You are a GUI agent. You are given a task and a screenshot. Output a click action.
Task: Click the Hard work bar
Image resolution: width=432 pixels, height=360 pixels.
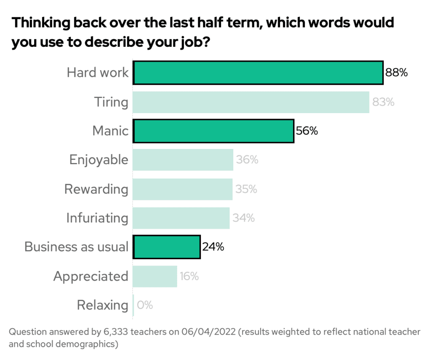pos(258,73)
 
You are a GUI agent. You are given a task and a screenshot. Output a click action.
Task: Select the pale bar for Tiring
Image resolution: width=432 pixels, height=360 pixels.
pos(251,102)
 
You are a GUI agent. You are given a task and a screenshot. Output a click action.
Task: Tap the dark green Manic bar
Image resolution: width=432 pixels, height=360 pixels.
pos(213,131)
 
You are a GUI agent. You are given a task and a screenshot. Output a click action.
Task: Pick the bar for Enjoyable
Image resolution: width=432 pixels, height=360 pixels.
pos(183,160)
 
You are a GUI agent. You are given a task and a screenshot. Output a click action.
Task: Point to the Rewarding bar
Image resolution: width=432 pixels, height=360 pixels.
pos(183,189)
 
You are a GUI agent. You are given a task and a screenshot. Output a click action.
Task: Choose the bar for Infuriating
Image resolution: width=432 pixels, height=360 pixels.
pos(181,218)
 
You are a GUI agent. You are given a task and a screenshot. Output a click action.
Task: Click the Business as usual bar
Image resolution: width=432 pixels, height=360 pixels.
pos(167,247)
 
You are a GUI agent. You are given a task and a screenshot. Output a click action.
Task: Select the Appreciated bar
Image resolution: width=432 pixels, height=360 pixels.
pos(155,276)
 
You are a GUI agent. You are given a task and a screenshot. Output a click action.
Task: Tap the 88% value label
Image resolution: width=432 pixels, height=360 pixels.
pos(396,73)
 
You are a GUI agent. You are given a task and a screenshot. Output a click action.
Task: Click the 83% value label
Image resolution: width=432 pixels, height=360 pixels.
pos(383,102)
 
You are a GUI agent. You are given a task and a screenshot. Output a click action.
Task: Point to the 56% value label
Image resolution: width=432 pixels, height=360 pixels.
pos(307,131)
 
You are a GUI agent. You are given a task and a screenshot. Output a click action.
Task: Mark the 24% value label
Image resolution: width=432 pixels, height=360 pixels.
pos(213,247)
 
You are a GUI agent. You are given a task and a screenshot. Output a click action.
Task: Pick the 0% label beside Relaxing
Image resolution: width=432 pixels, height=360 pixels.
pos(145,305)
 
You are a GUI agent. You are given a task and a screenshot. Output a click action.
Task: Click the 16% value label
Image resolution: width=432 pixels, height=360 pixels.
pos(189,276)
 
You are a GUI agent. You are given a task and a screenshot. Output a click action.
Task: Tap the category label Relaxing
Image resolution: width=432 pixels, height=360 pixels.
pos(103,305)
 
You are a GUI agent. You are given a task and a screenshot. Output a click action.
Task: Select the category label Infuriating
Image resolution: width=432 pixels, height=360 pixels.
pos(97,218)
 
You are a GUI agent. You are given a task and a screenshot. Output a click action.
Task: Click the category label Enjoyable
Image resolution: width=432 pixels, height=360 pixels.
pos(98,160)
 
